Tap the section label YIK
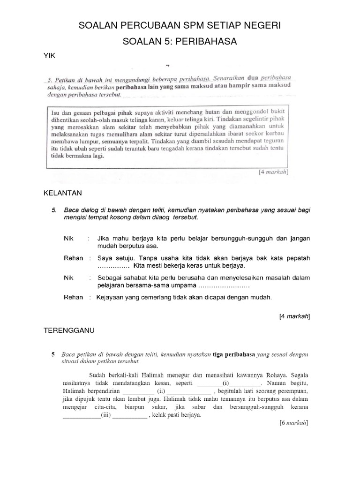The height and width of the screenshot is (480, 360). (49, 56)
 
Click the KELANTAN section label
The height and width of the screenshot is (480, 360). (63, 193)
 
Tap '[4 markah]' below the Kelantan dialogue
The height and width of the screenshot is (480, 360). (294, 316)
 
